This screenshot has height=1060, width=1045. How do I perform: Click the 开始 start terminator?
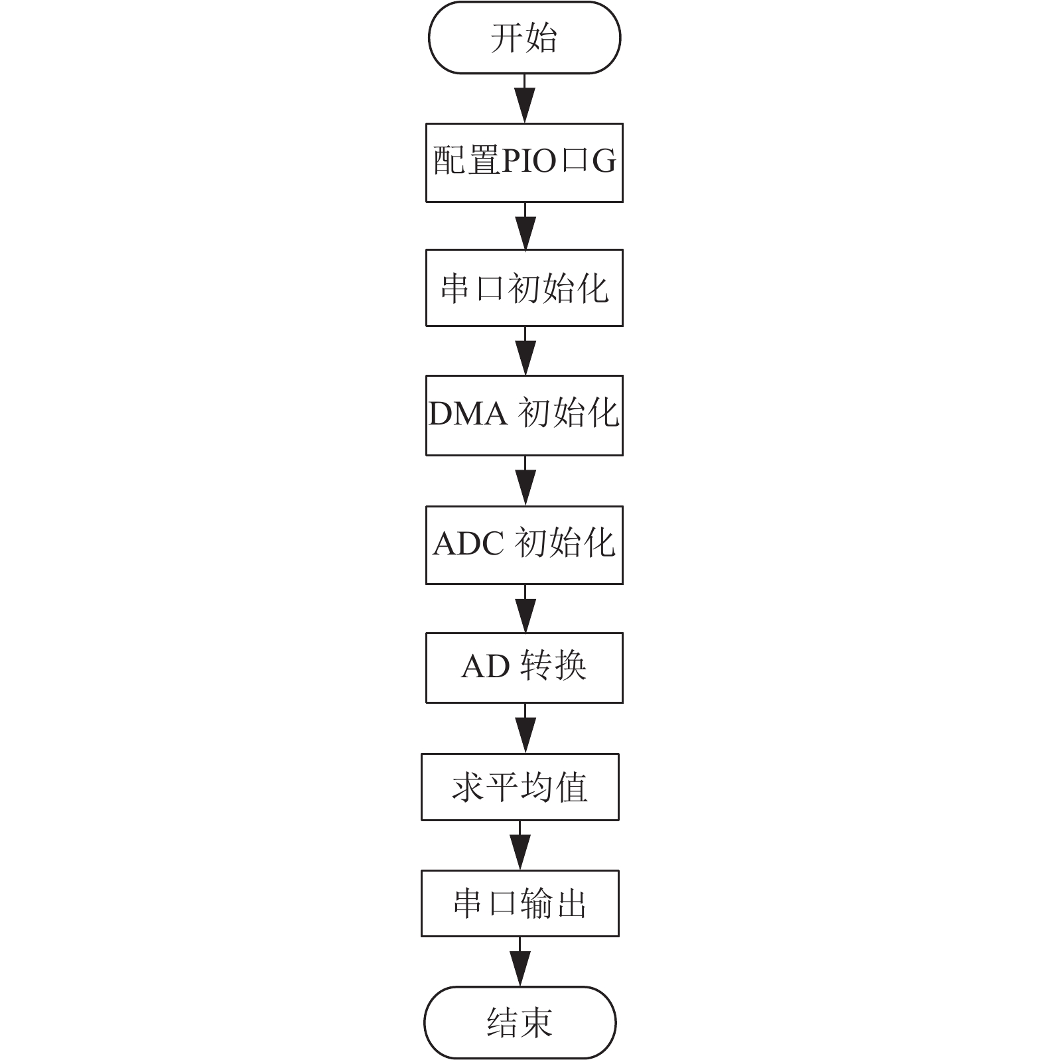(x=524, y=37)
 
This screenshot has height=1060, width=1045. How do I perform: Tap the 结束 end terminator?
(x=520, y=1022)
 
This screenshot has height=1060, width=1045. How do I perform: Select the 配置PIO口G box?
(x=524, y=163)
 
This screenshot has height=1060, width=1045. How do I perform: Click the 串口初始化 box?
(x=524, y=288)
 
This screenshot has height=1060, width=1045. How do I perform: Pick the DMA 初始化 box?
(x=524, y=415)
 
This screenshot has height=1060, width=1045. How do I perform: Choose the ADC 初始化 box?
(x=524, y=545)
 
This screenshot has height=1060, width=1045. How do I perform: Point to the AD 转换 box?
(x=524, y=667)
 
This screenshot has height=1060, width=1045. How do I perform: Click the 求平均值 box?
(x=520, y=787)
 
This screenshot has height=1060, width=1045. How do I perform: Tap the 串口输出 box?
(x=520, y=903)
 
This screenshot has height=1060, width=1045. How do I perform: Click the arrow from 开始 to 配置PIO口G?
(x=525, y=98)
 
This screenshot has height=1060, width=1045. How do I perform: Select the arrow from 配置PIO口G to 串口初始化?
(x=525, y=226)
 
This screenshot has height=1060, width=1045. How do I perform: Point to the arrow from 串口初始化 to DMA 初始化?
(x=525, y=351)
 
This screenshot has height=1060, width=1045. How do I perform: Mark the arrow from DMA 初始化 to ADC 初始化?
(x=525, y=481)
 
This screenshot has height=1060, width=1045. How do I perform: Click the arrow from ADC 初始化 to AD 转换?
(x=525, y=608)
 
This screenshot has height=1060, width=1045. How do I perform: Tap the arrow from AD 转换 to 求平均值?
(x=525, y=728)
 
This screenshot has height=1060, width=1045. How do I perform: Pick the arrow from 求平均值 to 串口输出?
(x=520, y=845)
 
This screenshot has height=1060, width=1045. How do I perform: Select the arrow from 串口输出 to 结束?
(x=520, y=962)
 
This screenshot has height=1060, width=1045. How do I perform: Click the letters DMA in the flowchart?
(x=468, y=414)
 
